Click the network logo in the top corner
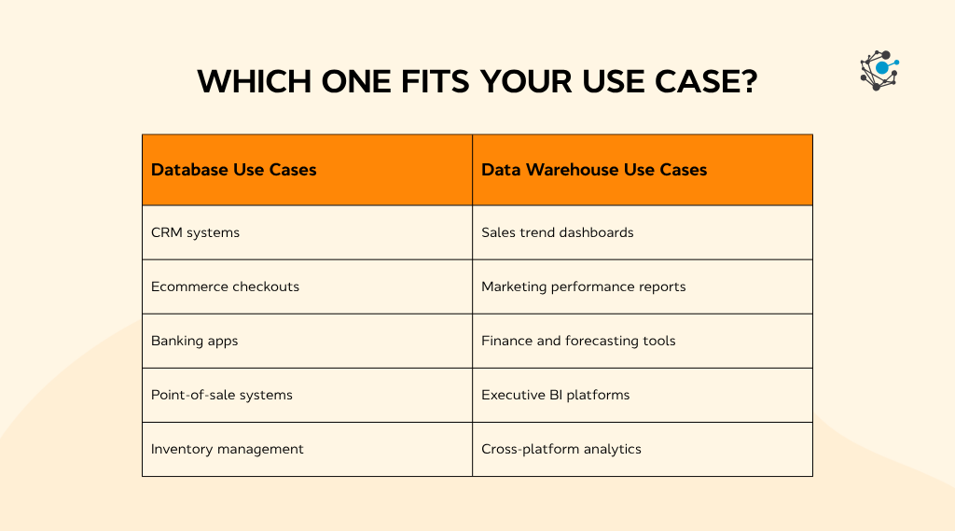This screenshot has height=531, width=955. pyautogui.click(x=879, y=71)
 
